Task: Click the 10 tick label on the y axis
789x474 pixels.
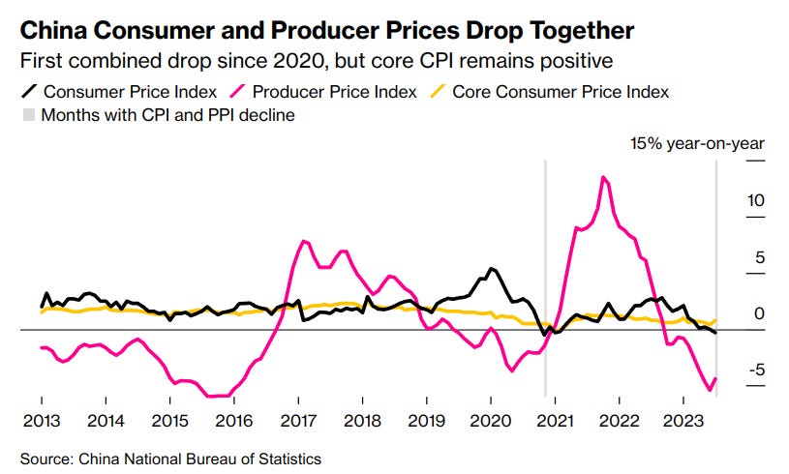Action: pyautogui.click(x=756, y=201)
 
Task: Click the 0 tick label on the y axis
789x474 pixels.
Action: pyautogui.click(x=760, y=313)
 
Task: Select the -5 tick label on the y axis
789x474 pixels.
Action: pyautogui.click(x=755, y=370)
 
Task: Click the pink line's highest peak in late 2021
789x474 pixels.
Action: pyautogui.click(x=603, y=177)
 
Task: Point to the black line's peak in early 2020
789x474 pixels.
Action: pyautogui.click(x=491, y=268)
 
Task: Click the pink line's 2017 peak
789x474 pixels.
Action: pyautogui.click(x=304, y=241)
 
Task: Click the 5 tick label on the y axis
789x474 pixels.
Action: pyautogui.click(x=760, y=257)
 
